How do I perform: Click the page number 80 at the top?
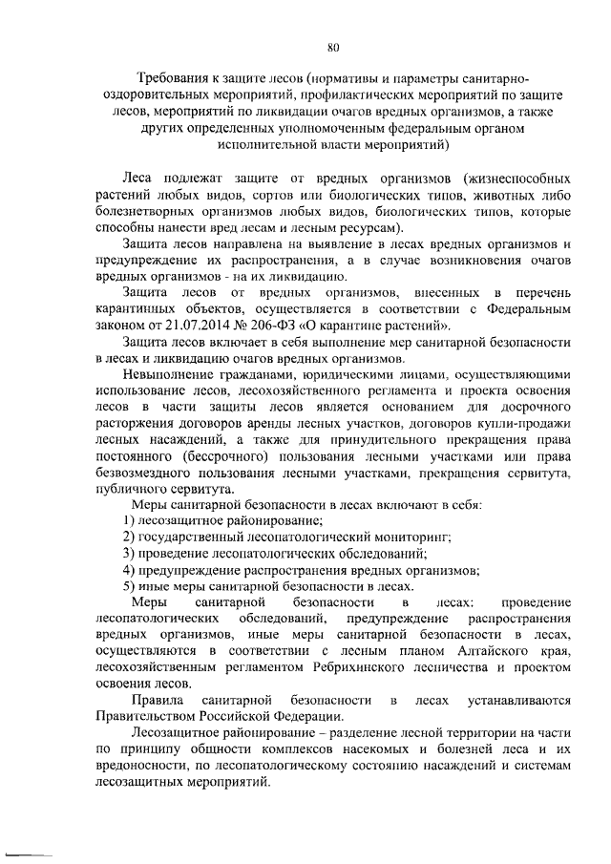point(333,46)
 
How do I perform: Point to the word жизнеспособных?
point(521,179)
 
